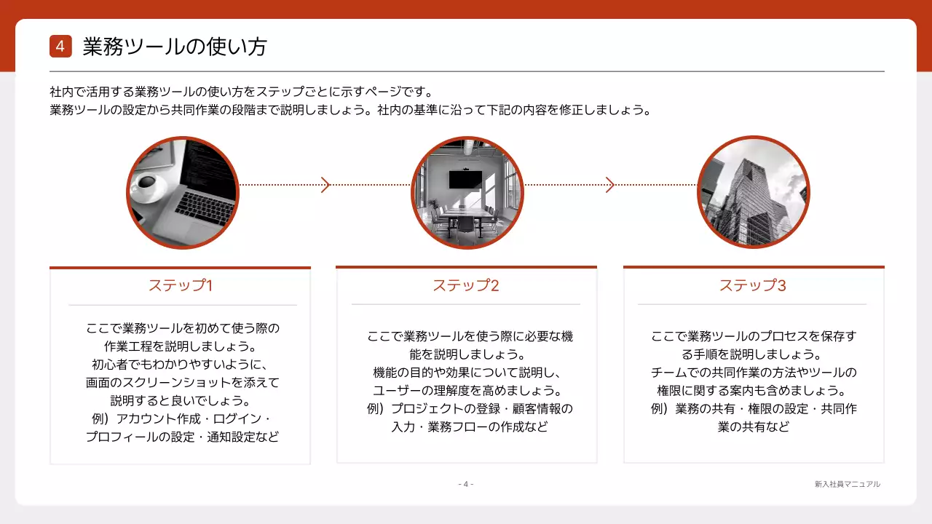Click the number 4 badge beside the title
[60, 47]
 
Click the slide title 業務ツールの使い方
[175, 47]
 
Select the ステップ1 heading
[180, 285]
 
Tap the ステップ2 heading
[466, 285]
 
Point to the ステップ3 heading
[753, 285]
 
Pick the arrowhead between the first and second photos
[325, 185]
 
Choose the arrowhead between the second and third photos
[610, 185]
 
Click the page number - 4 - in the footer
[466, 484]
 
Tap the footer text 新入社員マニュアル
[848, 484]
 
